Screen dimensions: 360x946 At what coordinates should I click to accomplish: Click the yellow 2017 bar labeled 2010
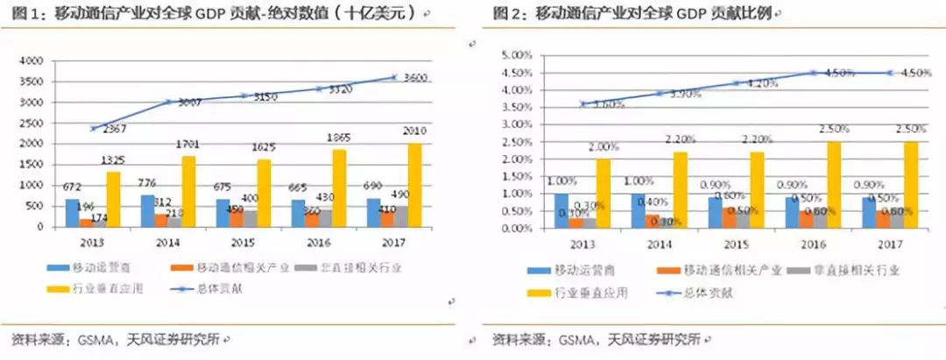(x=413, y=185)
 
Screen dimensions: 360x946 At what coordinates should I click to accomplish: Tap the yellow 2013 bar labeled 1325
(x=113, y=199)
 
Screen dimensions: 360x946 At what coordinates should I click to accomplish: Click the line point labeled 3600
(x=394, y=78)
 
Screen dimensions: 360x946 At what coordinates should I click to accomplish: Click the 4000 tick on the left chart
(x=31, y=61)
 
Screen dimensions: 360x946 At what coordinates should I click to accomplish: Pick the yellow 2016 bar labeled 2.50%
(x=833, y=185)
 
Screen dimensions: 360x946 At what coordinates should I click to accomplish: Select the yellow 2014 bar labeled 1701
(x=188, y=191)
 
